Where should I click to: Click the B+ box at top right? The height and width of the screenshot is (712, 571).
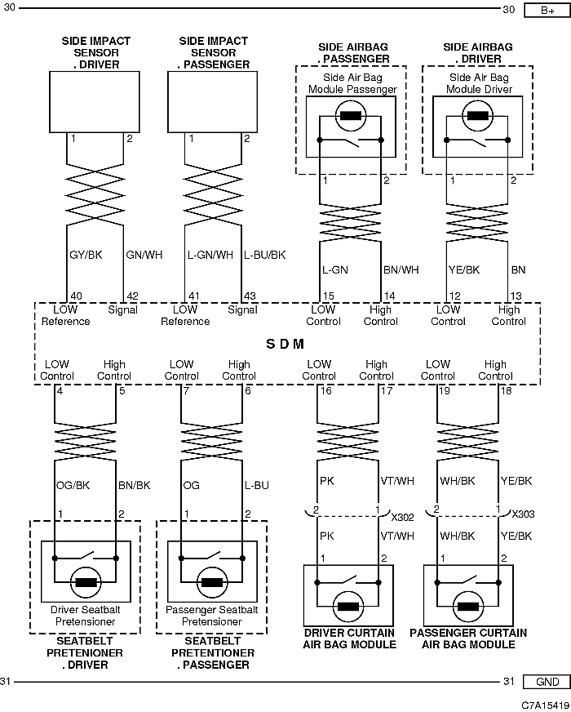tap(547, 10)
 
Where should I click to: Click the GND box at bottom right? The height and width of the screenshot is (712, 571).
tap(547, 682)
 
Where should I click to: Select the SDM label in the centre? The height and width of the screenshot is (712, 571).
tap(285, 344)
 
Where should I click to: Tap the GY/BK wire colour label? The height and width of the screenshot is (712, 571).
tap(86, 255)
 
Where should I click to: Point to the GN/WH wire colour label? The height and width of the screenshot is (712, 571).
tap(144, 255)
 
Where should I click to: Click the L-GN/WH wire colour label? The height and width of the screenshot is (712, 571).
tap(210, 255)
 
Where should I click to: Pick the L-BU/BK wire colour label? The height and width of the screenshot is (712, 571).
tap(265, 255)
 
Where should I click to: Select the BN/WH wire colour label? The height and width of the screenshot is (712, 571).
tap(401, 269)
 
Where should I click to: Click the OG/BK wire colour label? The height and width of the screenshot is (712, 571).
tap(73, 485)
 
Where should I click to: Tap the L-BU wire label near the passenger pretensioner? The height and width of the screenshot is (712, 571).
tap(257, 485)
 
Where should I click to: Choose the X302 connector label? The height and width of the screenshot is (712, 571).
tap(402, 517)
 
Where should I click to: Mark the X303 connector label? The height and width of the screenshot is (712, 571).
tap(523, 514)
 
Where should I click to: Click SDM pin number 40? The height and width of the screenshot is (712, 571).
tap(76, 296)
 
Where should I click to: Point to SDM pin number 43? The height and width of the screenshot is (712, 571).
tap(250, 296)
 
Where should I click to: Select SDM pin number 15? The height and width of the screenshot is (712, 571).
tap(329, 296)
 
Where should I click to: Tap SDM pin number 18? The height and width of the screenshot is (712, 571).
tap(506, 390)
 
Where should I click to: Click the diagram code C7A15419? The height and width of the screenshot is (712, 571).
tap(545, 705)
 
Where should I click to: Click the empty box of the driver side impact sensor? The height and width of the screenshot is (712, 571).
tap(95, 102)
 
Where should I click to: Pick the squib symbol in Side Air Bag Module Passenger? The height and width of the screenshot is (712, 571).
tap(351, 115)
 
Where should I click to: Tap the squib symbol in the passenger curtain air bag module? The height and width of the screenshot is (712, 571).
tap(468, 607)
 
